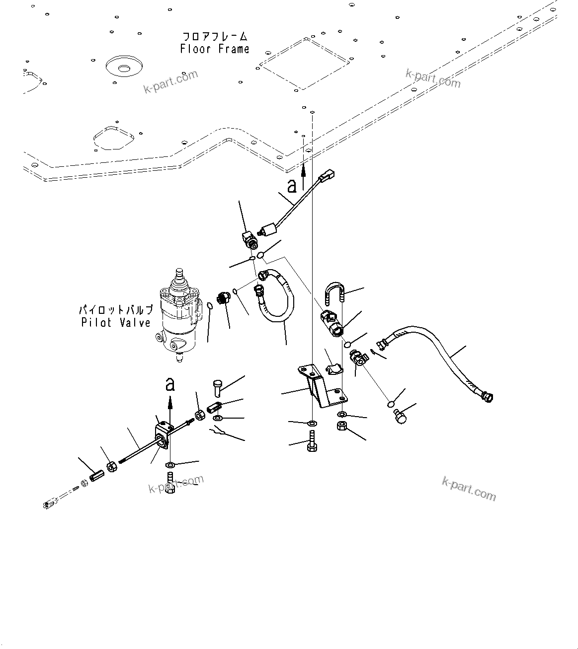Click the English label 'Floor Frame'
point(215,49)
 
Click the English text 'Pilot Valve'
point(116,323)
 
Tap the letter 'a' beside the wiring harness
point(292,186)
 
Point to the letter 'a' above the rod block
point(170,384)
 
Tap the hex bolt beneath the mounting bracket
point(312,441)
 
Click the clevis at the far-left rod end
point(50,505)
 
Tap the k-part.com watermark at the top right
point(433,78)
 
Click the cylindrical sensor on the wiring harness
point(268,230)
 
